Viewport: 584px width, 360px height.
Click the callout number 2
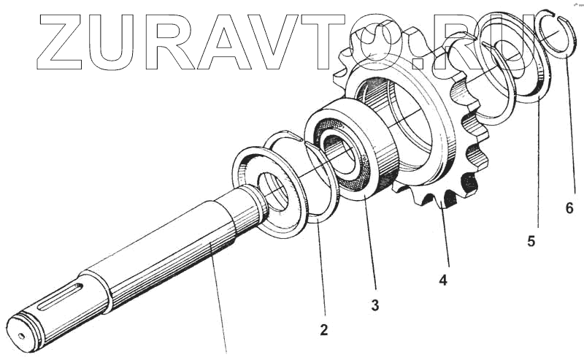coord(323,330)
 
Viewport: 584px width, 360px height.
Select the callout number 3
coord(374,306)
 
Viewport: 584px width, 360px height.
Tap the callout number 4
coord(443,279)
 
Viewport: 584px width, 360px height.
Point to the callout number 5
coord(531,241)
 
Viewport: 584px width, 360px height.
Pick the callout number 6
coord(569,208)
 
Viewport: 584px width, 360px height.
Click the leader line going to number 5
coord(539,168)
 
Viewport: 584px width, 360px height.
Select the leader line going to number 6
coord(572,131)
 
